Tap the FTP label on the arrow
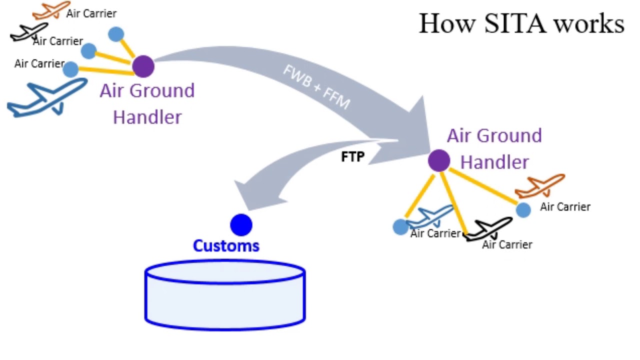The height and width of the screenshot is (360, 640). [352, 156]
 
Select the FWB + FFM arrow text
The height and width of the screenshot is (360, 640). [316, 87]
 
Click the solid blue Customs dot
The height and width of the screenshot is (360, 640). [241, 225]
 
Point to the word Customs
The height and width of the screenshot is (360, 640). [226, 245]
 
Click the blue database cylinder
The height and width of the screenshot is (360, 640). [225, 295]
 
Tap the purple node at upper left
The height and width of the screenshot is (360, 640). [143, 66]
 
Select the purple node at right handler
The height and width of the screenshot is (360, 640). [439, 160]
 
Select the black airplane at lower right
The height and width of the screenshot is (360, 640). [489, 229]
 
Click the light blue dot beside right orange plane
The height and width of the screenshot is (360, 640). [523, 209]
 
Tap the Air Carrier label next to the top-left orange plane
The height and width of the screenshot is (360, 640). [91, 13]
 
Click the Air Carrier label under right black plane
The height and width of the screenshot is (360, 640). [507, 244]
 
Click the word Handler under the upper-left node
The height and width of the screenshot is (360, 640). [147, 117]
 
